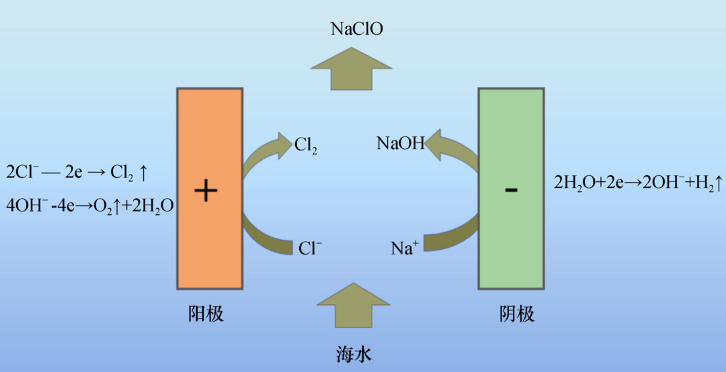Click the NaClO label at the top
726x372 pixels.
(x=357, y=29)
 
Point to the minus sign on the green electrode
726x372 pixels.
(x=511, y=190)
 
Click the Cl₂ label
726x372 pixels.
(x=305, y=144)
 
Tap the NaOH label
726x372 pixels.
(x=401, y=143)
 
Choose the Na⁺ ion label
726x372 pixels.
(x=405, y=248)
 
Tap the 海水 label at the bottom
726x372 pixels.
(x=354, y=354)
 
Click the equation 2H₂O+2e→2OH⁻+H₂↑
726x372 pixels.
(x=638, y=181)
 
